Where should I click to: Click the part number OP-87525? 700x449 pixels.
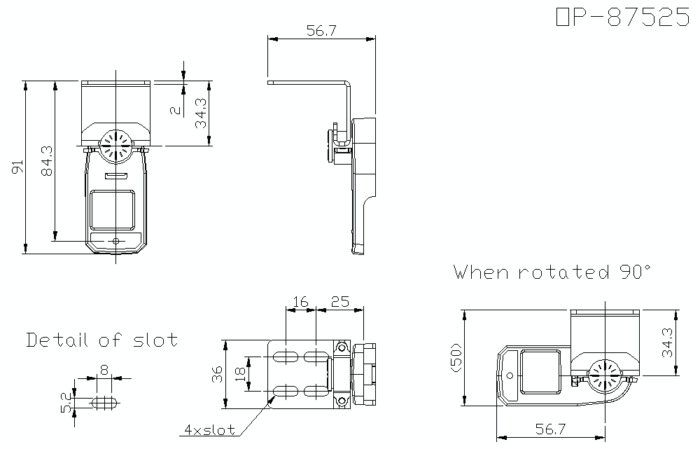(x=623, y=17)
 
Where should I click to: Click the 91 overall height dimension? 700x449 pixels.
(x=17, y=167)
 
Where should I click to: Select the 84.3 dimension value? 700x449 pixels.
(x=47, y=161)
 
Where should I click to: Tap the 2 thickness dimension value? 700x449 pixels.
(x=176, y=110)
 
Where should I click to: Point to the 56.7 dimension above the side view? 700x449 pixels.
(x=321, y=30)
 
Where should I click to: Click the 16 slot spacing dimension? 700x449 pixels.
(x=300, y=302)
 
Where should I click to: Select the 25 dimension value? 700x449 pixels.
(x=339, y=302)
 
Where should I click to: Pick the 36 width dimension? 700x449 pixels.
(x=217, y=374)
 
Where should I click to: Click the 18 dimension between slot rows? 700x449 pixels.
(x=240, y=373)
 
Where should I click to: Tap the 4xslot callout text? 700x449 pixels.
(x=210, y=430)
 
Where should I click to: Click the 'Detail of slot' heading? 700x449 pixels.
(x=102, y=340)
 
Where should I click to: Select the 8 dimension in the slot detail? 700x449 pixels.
(x=104, y=370)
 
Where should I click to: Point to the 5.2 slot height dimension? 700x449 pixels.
(x=68, y=402)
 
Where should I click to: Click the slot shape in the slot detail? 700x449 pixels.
(x=106, y=403)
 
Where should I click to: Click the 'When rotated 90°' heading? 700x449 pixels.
(x=553, y=272)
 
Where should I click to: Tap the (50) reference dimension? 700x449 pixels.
(x=456, y=357)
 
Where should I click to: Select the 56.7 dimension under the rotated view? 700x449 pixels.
(x=550, y=429)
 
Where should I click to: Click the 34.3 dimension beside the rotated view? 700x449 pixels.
(x=667, y=343)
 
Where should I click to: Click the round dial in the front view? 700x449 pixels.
(x=115, y=146)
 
